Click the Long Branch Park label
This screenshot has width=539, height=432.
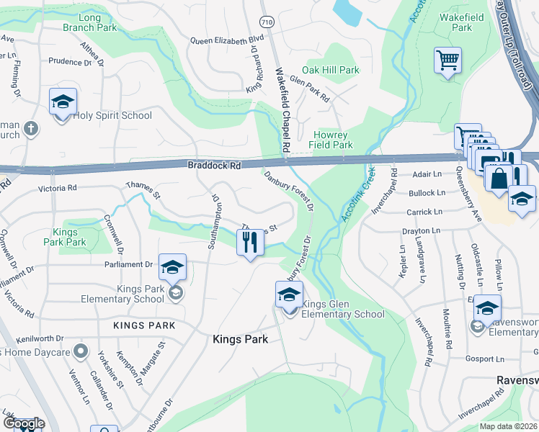[89, 22]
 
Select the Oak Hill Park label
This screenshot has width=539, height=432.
[330, 70]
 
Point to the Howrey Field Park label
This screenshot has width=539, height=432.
[332, 140]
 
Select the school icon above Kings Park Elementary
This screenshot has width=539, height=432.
[171, 268]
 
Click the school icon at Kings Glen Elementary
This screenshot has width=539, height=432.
[289, 294]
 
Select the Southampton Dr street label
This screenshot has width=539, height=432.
[213, 220]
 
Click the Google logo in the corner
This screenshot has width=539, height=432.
[23, 423]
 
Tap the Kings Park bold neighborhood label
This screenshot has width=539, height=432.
[240, 339]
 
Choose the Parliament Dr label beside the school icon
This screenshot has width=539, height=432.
[130, 264]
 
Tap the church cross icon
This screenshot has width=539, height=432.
[30, 128]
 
